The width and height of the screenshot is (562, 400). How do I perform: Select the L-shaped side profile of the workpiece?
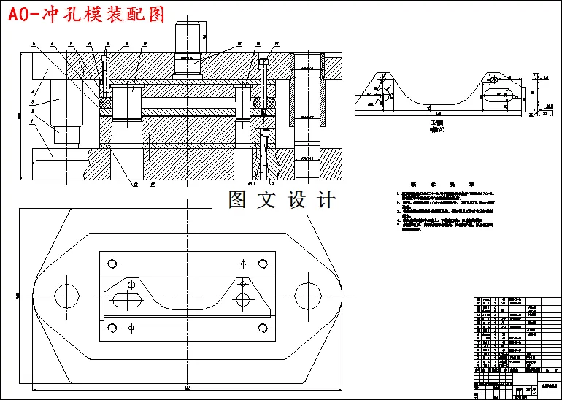tap(537, 95)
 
